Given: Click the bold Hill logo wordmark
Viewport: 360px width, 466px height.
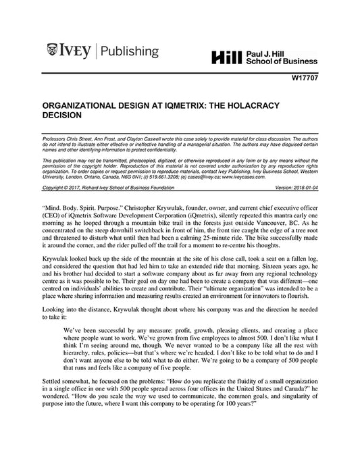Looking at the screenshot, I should [x=225, y=59].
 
